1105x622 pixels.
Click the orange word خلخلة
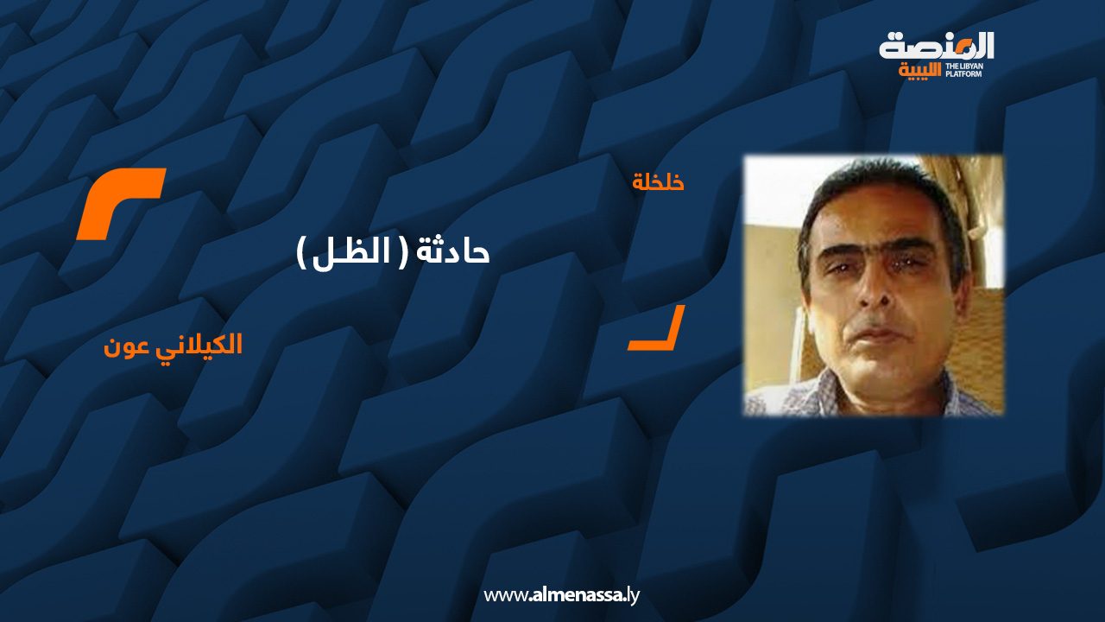(658, 182)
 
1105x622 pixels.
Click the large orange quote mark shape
(120, 203)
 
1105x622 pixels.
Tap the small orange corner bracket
(657, 327)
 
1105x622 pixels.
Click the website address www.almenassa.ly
(561, 595)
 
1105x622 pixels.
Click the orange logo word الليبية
(919, 71)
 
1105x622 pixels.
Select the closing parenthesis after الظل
(302, 253)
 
